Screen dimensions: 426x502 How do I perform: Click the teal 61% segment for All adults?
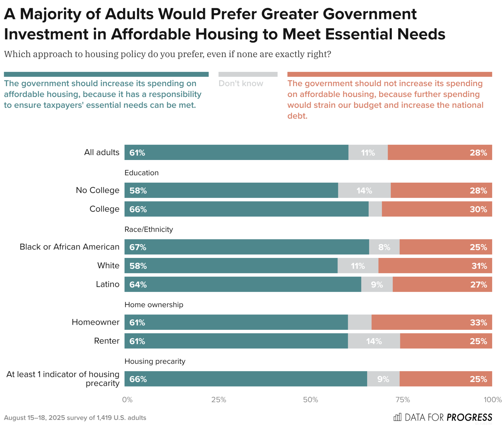click(x=236, y=152)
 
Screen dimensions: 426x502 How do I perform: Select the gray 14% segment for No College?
click(x=364, y=190)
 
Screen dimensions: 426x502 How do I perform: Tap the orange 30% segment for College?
click(x=437, y=209)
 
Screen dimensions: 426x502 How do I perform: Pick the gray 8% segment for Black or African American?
click(x=384, y=247)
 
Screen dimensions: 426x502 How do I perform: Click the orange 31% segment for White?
click(x=435, y=265)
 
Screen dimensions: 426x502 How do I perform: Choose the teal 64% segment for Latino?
click(x=243, y=284)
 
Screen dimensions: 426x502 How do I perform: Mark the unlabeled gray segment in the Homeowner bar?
click(x=360, y=322)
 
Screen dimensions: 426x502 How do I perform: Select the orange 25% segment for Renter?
click(x=446, y=341)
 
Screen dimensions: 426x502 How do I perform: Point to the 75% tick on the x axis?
click(x=403, y=399)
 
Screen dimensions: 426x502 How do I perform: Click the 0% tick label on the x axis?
click(x=127, y=399)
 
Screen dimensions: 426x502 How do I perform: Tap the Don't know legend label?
click(x=241, y=83)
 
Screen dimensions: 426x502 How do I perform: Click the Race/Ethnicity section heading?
click(x=149, y=229)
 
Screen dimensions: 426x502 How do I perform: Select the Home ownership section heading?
click(x=154, y=305)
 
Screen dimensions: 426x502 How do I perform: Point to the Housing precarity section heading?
click(x=155, y=361)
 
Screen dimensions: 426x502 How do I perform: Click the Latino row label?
click(x=107, y=284)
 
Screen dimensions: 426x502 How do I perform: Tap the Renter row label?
click(x=106, y=341)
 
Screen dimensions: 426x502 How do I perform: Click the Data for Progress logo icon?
click(x=397, y=417)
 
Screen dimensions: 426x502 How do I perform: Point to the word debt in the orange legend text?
click(x=297, y=116)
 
